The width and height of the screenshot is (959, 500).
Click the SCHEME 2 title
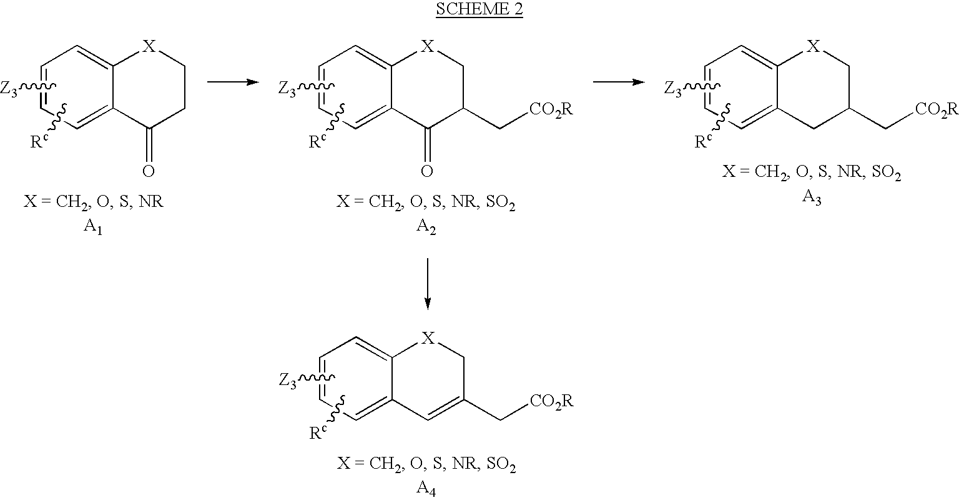[x=479, y=9]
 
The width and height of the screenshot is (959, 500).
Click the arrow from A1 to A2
[x=234, y=81]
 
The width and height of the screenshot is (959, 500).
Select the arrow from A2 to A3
[x=619, y=81]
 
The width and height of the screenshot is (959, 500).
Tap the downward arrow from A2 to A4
[x=427, y=284]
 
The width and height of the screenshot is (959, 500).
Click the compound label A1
[x=92, y=226]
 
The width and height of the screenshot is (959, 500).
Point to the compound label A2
[x=426, y=226]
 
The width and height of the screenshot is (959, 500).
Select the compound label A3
[x=812, y=197]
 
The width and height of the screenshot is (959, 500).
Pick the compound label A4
[x=426, y=488]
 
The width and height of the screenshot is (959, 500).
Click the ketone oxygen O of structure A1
[x=148, y=171]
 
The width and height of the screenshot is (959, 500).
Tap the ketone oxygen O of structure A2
[x=427, y=171]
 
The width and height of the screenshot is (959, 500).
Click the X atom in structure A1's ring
[x=149, y=46]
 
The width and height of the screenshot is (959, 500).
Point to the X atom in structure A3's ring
[x=813, y=46]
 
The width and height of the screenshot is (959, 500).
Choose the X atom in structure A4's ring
[x=428, y=338]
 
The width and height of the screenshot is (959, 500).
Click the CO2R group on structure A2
[x=551, y=109]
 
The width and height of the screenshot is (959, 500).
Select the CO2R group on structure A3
[x=937, y=109]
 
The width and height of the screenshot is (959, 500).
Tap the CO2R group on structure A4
[x=551, y=401]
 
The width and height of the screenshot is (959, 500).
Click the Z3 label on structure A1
[x=9, y=89]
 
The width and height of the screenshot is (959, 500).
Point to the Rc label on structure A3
[x=703, y=141]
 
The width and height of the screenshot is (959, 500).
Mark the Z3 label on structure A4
[x=288, y=381]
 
